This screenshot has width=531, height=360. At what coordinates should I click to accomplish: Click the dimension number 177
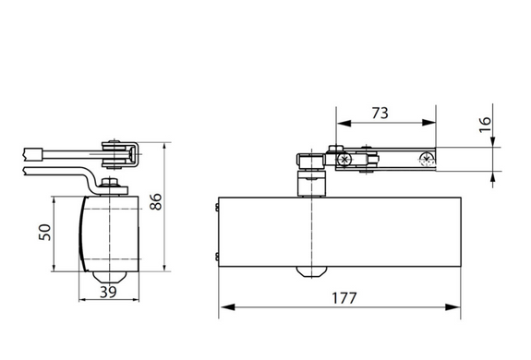344,298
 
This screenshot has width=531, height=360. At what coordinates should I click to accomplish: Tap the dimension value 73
380,113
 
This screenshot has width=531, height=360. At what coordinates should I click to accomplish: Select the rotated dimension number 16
485,125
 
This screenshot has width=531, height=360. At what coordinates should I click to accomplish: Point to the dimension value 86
156,201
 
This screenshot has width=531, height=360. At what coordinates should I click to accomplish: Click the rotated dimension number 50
44,233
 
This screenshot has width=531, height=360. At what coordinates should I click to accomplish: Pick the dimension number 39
108,292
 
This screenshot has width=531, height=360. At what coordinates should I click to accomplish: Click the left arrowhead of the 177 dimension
227,307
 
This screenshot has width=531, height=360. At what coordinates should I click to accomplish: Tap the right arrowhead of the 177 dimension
453,307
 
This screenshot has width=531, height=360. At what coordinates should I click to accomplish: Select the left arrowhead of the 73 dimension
344,123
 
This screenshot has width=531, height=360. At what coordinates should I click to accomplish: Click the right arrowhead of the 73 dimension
428,123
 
